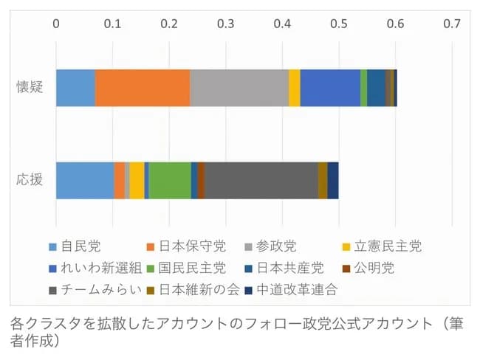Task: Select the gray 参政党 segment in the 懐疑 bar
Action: [x=239, y=88]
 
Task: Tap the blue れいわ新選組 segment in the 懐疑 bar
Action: [x=330, y=88]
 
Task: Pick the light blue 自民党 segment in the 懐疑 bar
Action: [x=75, y=88]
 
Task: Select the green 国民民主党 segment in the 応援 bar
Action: [x=170, y=180]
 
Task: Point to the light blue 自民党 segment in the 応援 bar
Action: [x=85, y=180]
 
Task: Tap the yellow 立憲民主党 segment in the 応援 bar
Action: [x=137, y=180]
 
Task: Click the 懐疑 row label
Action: [x=30, y=87]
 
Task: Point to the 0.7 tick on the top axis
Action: [x=451, y=24]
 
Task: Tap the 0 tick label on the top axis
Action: [x=56, y=24]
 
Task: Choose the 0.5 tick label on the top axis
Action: [x=338, y=24]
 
